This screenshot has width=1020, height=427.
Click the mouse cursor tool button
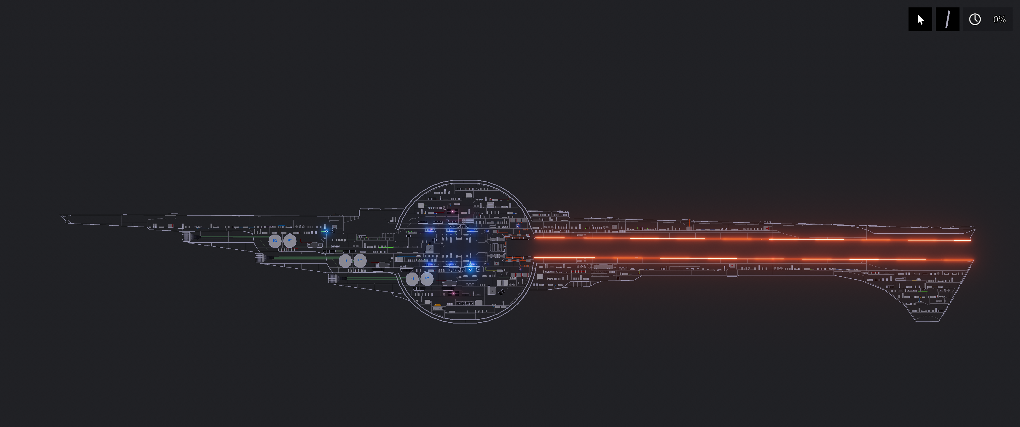coord(920,19)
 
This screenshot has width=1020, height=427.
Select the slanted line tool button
coord(947,19)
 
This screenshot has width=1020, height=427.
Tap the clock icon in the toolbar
coord(974,19)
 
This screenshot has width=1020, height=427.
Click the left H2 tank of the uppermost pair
coord(275,240)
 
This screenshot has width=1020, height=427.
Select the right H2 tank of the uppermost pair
coord(289,240)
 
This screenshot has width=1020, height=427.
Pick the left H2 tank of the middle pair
coord(345,260)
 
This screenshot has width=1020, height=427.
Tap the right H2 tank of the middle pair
coord(360,260)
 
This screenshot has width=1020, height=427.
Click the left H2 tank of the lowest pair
coord(412,278)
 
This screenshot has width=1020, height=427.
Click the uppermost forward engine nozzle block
coord(187,237)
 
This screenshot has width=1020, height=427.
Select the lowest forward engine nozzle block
coord(333,278)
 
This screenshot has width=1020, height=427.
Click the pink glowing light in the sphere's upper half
coord(452,211)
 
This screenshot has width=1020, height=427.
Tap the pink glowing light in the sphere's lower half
coord(453,294)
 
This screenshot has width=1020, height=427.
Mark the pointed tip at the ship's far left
coord(60,216)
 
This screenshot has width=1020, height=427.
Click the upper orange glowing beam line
coord(752,238)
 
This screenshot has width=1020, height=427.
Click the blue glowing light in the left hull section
coord(326,232)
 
